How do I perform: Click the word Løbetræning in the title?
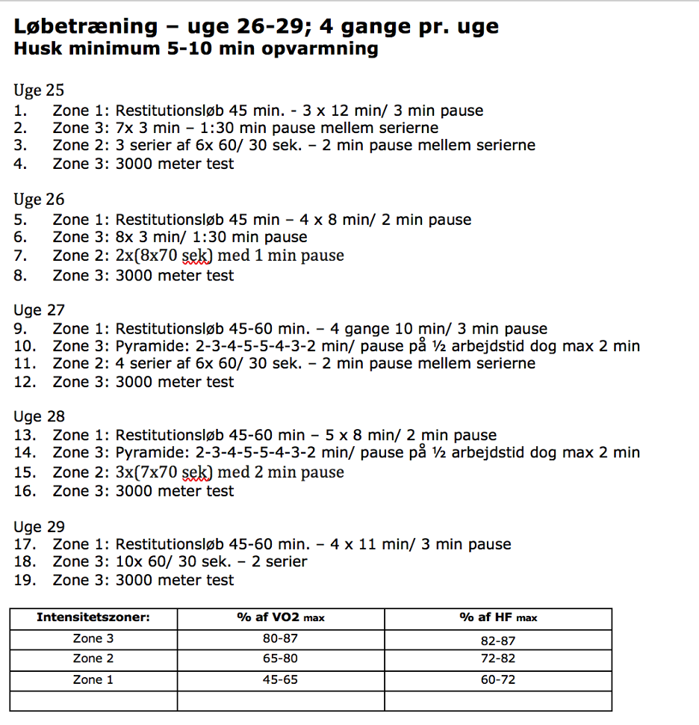(85, 27)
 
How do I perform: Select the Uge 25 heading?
(39, 90)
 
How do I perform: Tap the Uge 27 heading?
(39, 310)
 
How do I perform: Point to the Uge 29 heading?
(39, 526)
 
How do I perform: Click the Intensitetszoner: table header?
(93, 618)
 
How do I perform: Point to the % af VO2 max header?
(281, 618)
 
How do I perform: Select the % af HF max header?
(498, 618)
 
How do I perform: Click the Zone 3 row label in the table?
(93, 639)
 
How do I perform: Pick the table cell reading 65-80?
(281, 659)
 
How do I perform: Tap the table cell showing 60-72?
(498, 680)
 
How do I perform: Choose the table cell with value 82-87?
(498, 641)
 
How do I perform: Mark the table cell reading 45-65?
(281, 680)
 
